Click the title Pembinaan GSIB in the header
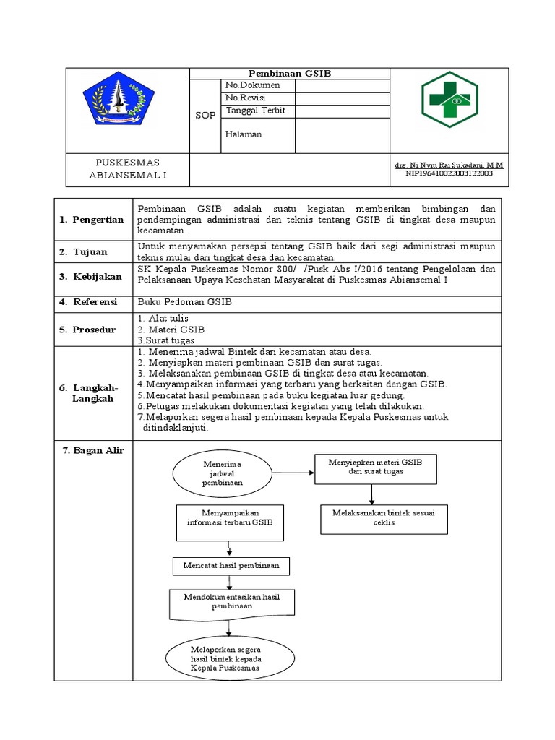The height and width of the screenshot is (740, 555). tap(290, 74)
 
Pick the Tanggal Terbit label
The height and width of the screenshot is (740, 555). tap(256, 111)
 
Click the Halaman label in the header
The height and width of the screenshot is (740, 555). tap(244, 134)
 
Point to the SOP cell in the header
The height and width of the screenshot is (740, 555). tap(205, 116)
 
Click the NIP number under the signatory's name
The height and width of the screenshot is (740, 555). tap(449, 173)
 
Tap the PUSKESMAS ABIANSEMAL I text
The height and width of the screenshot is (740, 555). tap(128, 168)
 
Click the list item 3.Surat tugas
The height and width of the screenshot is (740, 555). tap(165, 340)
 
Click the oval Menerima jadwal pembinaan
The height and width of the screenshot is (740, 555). tap(223, 473)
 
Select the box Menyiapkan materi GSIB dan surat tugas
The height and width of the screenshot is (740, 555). tap(375, 468)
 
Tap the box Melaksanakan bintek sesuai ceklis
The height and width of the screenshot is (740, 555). tap(384, 517)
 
